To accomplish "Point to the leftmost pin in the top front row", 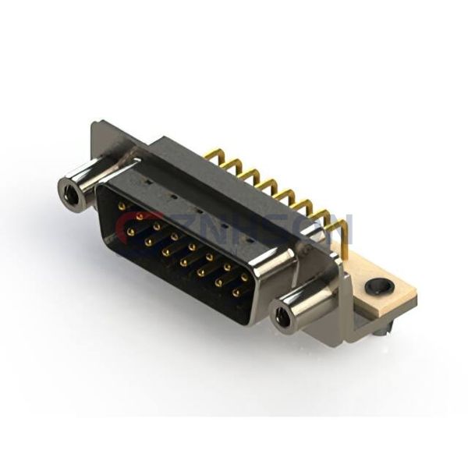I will coord(122,206).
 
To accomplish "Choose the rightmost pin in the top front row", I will coord(245,277).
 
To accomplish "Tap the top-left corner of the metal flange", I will coord(95,125).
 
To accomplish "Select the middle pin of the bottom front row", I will coord(184,263).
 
